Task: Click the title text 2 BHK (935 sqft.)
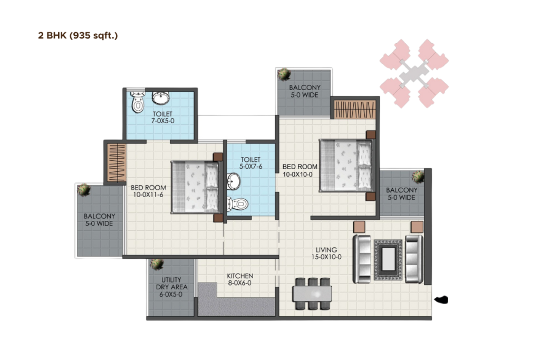pos(78,36)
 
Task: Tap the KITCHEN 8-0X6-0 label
pos(240,279)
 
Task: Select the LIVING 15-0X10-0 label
pos(326,254)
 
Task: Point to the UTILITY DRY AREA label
pos(171,287)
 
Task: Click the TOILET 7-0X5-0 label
pos(162,117)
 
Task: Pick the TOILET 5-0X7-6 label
pos(251,163)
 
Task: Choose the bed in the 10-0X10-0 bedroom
pos(345,165)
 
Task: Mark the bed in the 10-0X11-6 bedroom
pos(195,187)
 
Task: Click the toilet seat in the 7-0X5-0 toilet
pos(138,103)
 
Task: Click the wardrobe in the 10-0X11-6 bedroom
pos(115,163)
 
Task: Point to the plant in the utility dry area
pos(156,264)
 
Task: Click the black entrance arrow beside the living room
pos(441,300)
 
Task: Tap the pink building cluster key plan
pos(414,74)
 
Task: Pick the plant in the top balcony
pos(283,74)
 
